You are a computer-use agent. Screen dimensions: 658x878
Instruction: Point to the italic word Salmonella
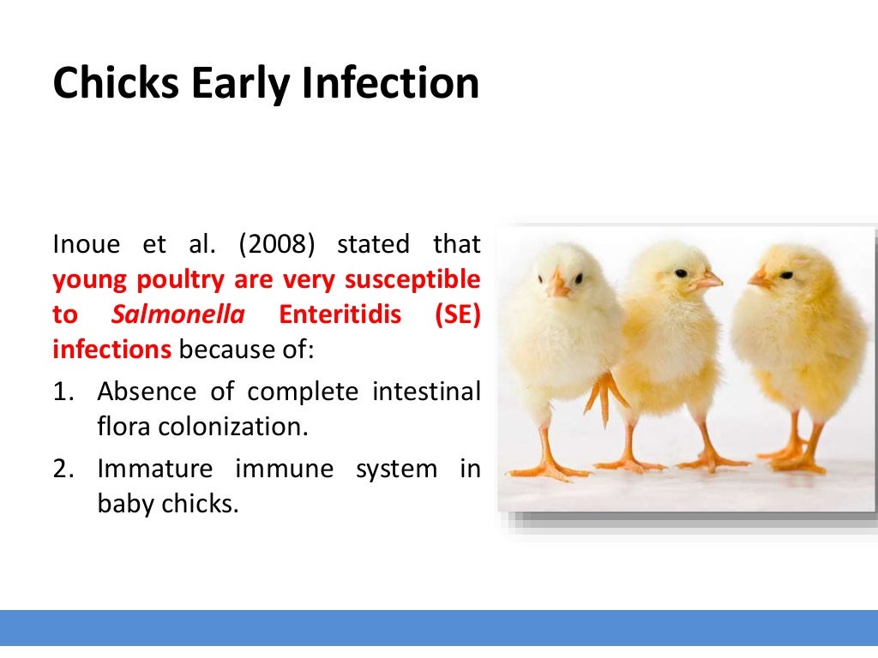point(177,315)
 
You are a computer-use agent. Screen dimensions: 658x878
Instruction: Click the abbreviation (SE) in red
point(458,315)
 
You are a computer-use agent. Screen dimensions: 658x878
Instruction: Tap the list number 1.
point(62,392)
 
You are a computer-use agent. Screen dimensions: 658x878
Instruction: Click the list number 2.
point(62,470)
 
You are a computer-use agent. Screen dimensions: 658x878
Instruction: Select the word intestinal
point(426,392)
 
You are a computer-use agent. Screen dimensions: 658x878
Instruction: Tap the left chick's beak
point(557,285)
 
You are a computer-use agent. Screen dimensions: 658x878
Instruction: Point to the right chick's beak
point(758,278)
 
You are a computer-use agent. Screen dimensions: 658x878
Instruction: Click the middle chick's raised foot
point(604,393)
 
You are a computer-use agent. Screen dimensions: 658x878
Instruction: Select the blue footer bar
point(439,627)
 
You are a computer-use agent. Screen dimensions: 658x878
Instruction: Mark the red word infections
point(112,350)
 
